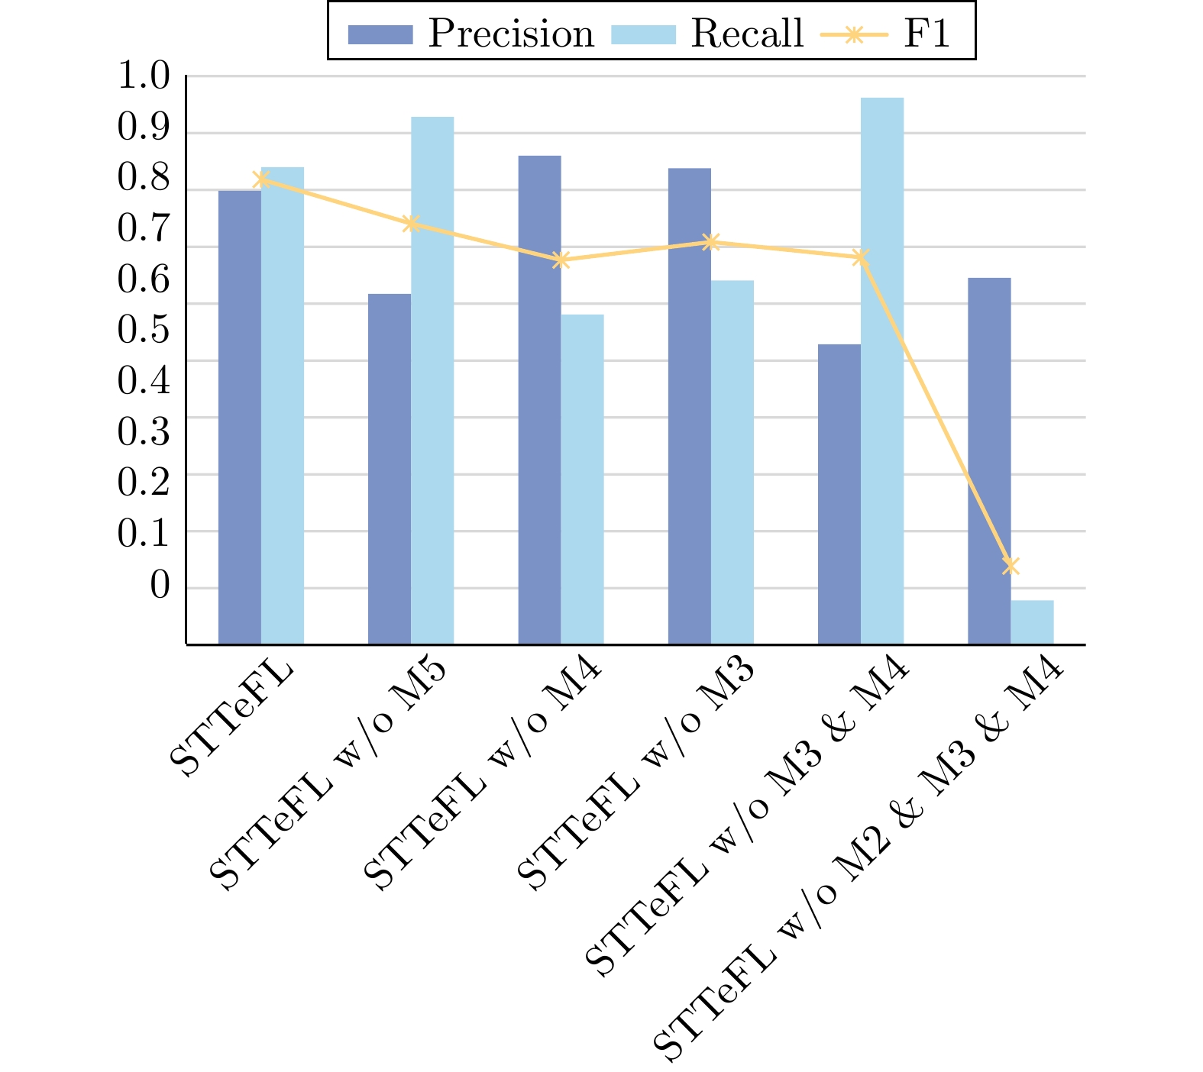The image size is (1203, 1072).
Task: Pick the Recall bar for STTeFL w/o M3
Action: pyautogui.click(x=732, y=462)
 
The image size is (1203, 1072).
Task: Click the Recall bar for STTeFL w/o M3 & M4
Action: pyautogui.click(x=882, y=371)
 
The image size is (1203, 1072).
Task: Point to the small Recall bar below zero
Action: pyautogui.click(x=1032, y=622)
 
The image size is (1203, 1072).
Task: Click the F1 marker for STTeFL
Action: pyautogui.click(x=261, y=179)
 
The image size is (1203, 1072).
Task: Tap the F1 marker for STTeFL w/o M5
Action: pyautogui.click(x=411, y=224)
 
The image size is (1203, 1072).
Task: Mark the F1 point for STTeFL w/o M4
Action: pyautogui.click(x=561, y=260)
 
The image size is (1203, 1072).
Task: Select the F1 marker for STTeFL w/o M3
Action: pyautogui.click(x=711, y=242)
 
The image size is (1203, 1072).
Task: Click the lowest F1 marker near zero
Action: pyautogui.click(x=1011, y=566)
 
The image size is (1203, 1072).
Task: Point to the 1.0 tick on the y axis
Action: pyautogui.click(x=143, y=76)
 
